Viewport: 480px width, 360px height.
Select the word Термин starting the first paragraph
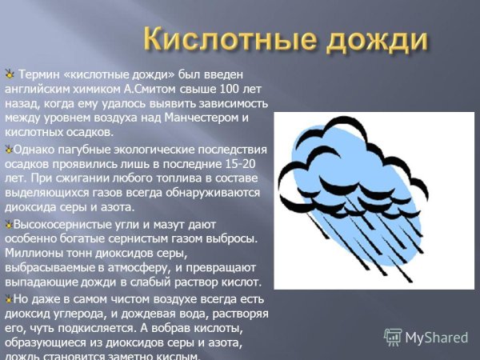(38, 75)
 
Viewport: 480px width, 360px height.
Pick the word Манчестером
(206, 118)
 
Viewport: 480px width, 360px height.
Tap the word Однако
(33, 149)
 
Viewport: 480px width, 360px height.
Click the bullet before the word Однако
(8, 149)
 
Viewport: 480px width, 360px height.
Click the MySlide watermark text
(437, 337)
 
